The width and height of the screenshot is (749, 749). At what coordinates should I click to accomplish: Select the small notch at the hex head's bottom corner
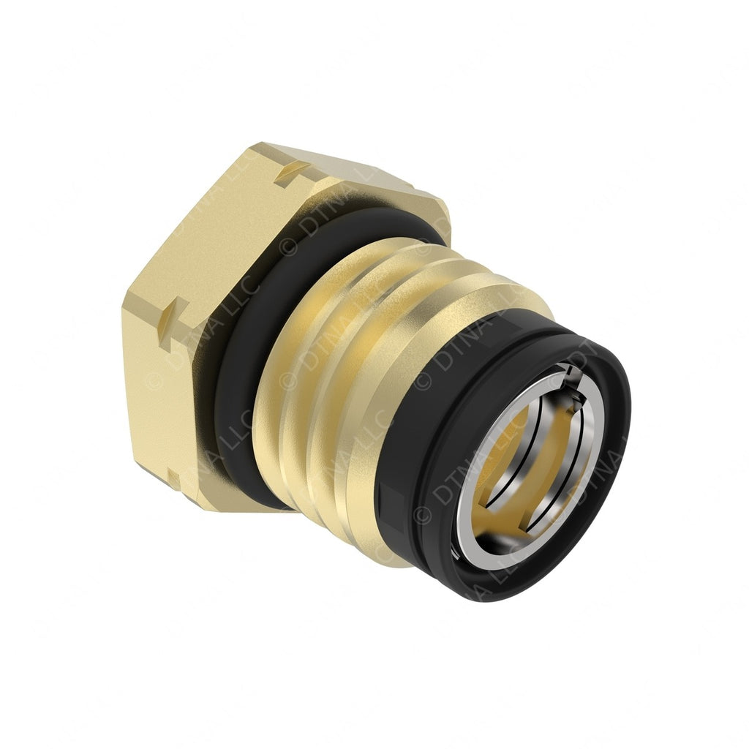(x=173, y=479)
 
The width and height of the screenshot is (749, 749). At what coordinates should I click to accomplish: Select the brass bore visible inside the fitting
(x=512, y=468)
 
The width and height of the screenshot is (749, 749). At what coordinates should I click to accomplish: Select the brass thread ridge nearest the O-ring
(x=293, y=395)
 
